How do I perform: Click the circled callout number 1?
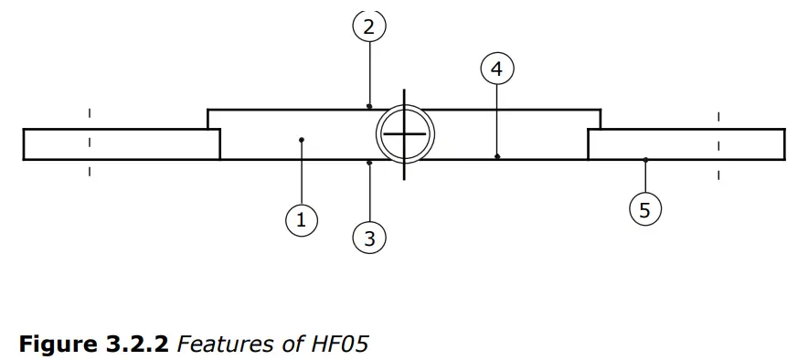(301, 219)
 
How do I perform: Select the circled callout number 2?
(369, 26)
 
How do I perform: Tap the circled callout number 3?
(369, 239)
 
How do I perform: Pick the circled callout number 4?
(496, 68)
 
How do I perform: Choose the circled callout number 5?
(645, 210)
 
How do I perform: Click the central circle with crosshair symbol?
(405, 134)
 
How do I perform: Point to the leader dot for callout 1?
(301, 140)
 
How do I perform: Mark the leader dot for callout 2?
(369, 106)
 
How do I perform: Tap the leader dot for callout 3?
(369, 163)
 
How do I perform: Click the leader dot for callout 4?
(496, 157)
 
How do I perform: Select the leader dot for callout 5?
(645, 160)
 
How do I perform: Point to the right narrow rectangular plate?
(686, 144)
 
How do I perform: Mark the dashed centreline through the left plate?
(90, 143)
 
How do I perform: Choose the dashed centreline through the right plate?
(718, 143)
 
